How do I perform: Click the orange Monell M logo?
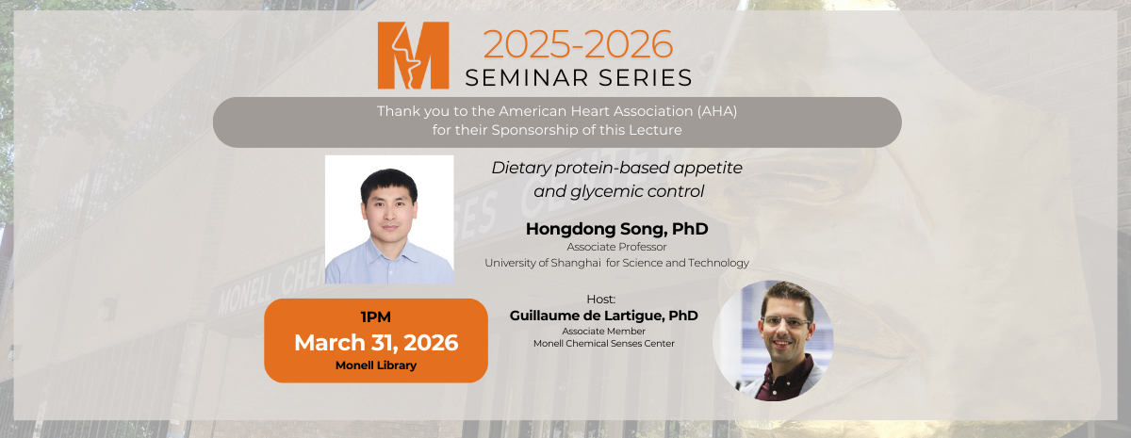(413, 56)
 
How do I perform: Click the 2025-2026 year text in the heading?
(578, 44)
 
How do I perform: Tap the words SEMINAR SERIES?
(578, 77)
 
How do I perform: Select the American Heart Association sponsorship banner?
(557, 121)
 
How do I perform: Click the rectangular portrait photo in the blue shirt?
(389, 219)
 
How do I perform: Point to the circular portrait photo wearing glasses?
(773, 340)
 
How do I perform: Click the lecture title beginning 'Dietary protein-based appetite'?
(617, 167)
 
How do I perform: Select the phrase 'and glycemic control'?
(617, 190)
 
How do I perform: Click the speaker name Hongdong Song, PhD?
(616, 229)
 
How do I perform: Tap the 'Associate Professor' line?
(616, 247)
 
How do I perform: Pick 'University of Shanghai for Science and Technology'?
(616, 263)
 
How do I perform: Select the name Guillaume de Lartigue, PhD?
(603, 316)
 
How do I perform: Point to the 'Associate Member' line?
(603, 331)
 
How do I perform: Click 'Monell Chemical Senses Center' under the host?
(603, 344)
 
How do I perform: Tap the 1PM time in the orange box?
(375, 317)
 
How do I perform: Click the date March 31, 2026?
(375, 342)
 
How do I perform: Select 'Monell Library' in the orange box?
(375, 365)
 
